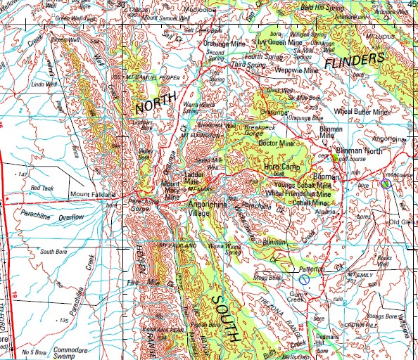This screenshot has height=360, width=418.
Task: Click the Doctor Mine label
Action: tap(274, 142)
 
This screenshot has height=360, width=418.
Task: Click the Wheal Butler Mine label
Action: tap(361, 111)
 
